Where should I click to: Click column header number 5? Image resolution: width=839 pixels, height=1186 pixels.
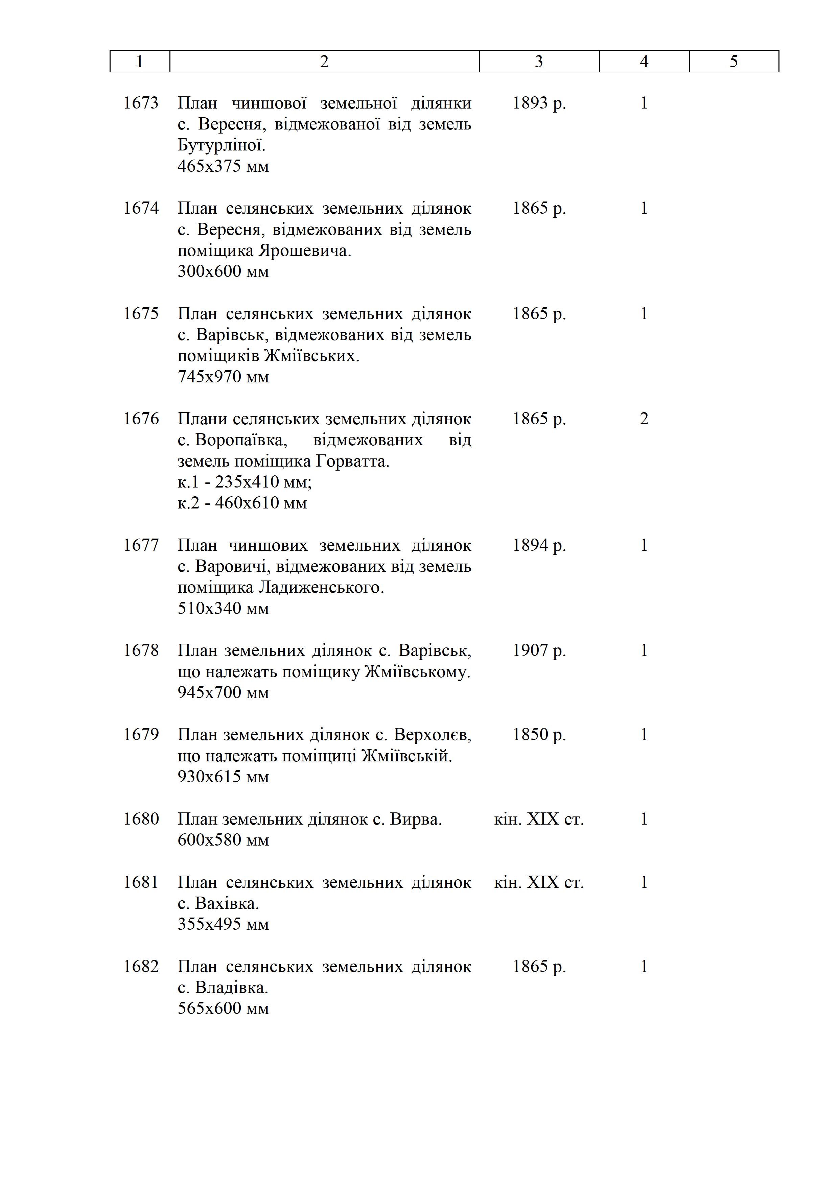(733, 62)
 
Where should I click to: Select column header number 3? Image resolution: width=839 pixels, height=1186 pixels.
(539, 62)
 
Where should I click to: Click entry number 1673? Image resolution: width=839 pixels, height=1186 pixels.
(141, 103)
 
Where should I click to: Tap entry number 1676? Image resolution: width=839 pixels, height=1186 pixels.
(141, 419)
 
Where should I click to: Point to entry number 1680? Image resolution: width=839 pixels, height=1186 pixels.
(141, 819)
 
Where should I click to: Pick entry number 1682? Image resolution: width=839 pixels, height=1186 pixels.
(141, 967)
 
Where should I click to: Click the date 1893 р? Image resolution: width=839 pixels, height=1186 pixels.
(539, 103)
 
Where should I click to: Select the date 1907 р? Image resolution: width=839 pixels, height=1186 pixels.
(539, 650)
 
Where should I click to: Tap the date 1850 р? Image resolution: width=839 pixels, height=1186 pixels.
(539, 735)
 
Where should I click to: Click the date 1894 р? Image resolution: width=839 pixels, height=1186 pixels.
(539, 545)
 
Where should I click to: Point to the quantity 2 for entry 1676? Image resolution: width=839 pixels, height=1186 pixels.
(644, 419)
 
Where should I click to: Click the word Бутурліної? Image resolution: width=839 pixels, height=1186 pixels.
(221, 145)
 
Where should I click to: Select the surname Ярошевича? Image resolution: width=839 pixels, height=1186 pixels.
(305, 251)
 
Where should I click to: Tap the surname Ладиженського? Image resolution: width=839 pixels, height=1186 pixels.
(321, 587)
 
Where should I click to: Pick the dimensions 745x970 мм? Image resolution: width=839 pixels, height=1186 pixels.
(223, 377)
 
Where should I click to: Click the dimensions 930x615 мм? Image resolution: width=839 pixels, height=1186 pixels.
(223, 777)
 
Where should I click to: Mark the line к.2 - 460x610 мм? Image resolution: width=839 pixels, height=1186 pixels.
(242, 503)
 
